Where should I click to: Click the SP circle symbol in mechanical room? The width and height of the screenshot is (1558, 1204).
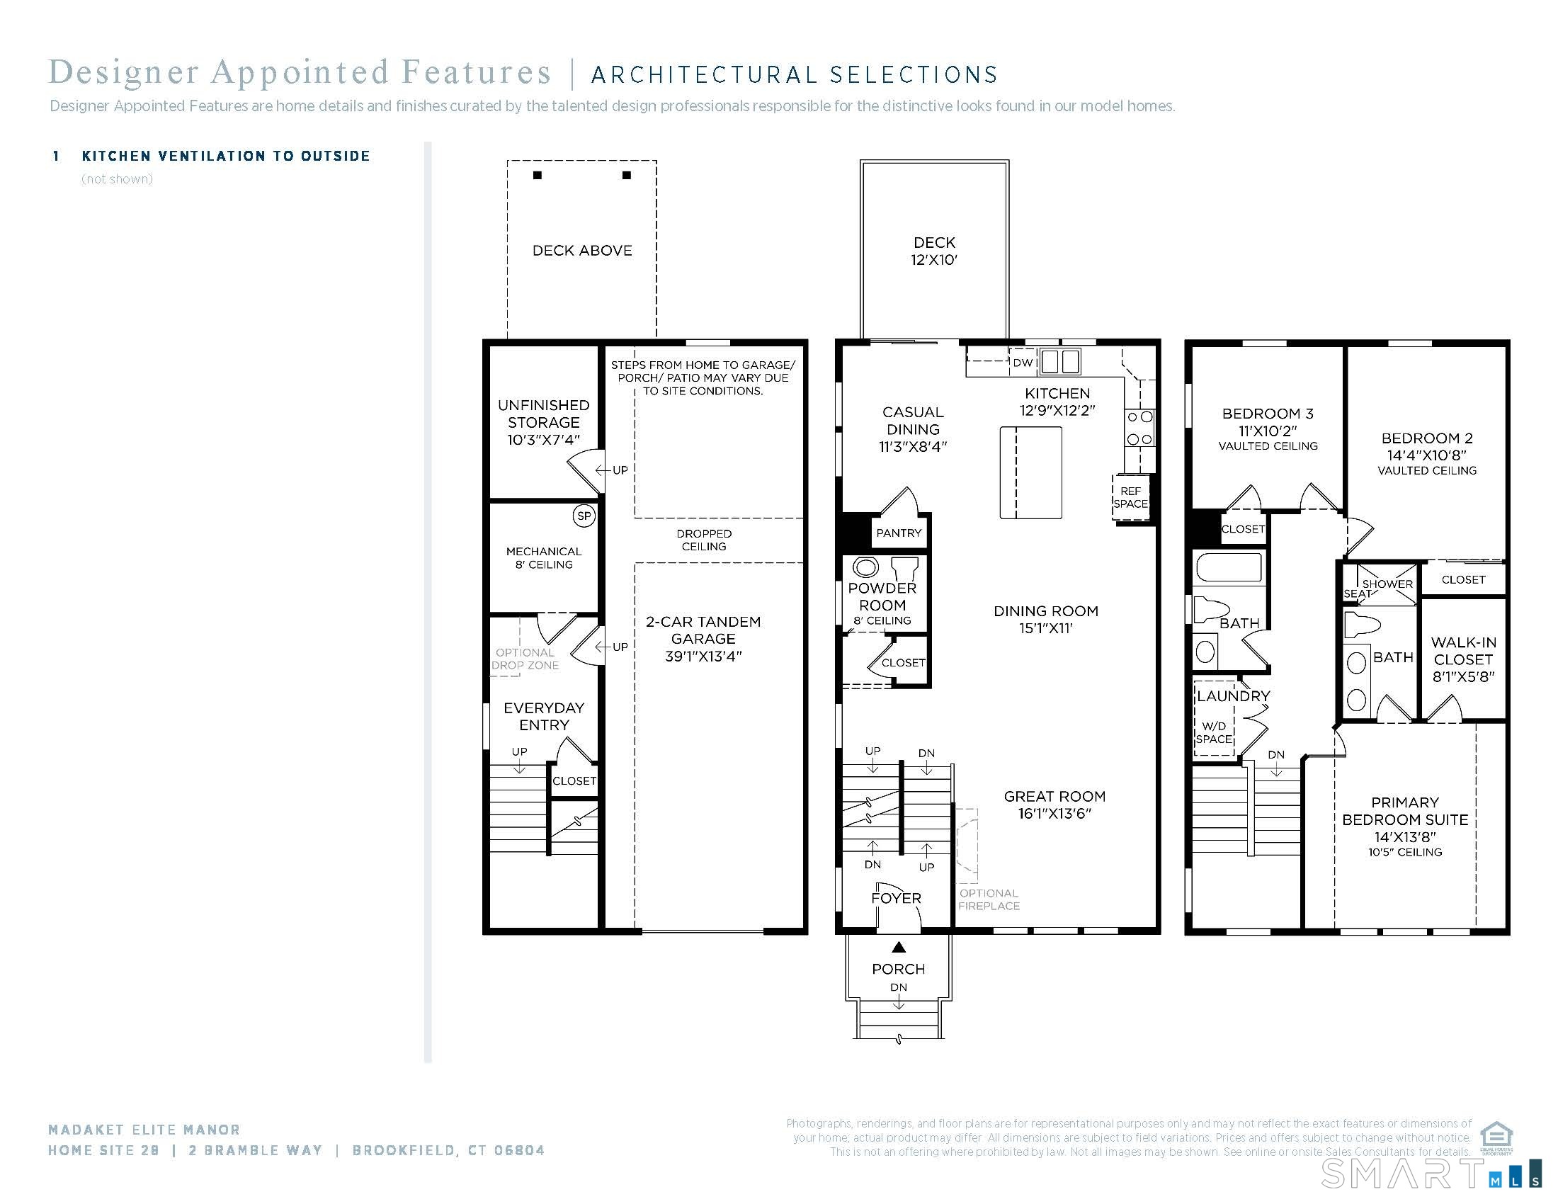(584, 516)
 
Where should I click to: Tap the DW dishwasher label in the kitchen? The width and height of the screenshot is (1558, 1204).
(1022, 363)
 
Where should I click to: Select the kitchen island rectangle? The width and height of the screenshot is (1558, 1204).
(1030, 472)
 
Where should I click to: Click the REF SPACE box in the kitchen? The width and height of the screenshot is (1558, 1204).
(1130, 497)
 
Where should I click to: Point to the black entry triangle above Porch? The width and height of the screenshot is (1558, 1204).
(899, 947)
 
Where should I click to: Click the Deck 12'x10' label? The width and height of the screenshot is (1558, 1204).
(934, 251)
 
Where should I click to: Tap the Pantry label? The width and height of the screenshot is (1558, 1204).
(898, 533)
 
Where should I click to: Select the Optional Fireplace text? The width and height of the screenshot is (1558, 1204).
(988, 899)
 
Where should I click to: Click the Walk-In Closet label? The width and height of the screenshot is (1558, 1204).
(1463, 659)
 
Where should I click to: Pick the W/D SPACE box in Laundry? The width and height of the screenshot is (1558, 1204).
(1213, 732)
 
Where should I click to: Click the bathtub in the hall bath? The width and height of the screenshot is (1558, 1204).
(1229, 569)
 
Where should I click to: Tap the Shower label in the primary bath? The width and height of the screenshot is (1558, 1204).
(1387, 584)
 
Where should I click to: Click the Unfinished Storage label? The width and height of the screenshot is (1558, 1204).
(544, 422)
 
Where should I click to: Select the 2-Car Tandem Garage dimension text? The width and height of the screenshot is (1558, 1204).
(703, 657)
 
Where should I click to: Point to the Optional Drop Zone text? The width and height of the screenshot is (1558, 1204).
(525, 659)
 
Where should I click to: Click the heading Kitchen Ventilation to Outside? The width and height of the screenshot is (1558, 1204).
(226, 157)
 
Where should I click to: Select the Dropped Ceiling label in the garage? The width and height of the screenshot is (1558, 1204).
(703, 540)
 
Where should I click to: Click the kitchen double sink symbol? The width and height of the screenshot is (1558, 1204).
(1059, 362)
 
